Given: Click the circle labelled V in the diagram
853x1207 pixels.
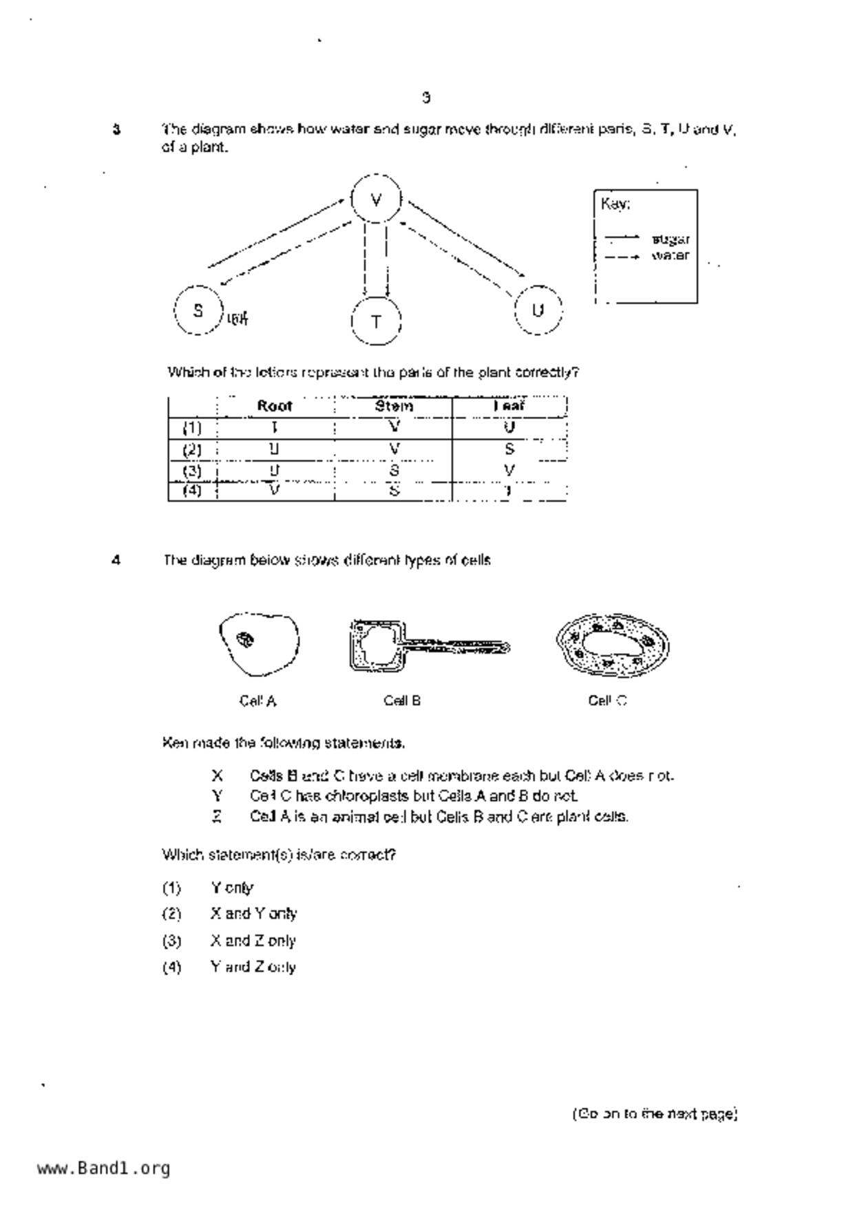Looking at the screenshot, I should tap(376, 200).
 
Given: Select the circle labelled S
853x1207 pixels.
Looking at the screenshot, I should tap(198, 310).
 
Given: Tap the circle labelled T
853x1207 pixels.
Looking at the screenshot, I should tap(376, 321).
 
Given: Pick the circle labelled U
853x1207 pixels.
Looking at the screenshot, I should tap(538, 310).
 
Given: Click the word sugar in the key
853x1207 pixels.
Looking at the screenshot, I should tap(670, 239).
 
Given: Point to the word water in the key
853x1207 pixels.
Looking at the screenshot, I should tap(670, 256).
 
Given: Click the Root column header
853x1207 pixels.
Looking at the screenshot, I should tap(275, 406).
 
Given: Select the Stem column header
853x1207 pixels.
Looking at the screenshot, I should tap(394, 406).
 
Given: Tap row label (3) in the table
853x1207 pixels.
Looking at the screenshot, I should tap(192, 471).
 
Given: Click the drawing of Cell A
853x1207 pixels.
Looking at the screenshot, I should tap(259, 645).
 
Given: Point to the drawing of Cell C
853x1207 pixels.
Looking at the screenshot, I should tap(612, 645).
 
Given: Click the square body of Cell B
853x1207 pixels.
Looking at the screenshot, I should tap(376, 645).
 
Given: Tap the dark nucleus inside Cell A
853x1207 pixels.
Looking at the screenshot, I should tap(245, 639).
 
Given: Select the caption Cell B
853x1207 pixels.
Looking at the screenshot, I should tap(402, 701).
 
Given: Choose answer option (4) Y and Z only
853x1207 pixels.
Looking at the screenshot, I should tap(253, 967).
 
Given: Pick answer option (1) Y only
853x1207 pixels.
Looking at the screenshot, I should tap(232, 888).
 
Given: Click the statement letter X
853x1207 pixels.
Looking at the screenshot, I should tap(218, 776).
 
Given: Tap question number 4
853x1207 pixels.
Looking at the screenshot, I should tap(116, 560).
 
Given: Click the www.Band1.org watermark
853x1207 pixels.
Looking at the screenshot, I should tap(103, 1168).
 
